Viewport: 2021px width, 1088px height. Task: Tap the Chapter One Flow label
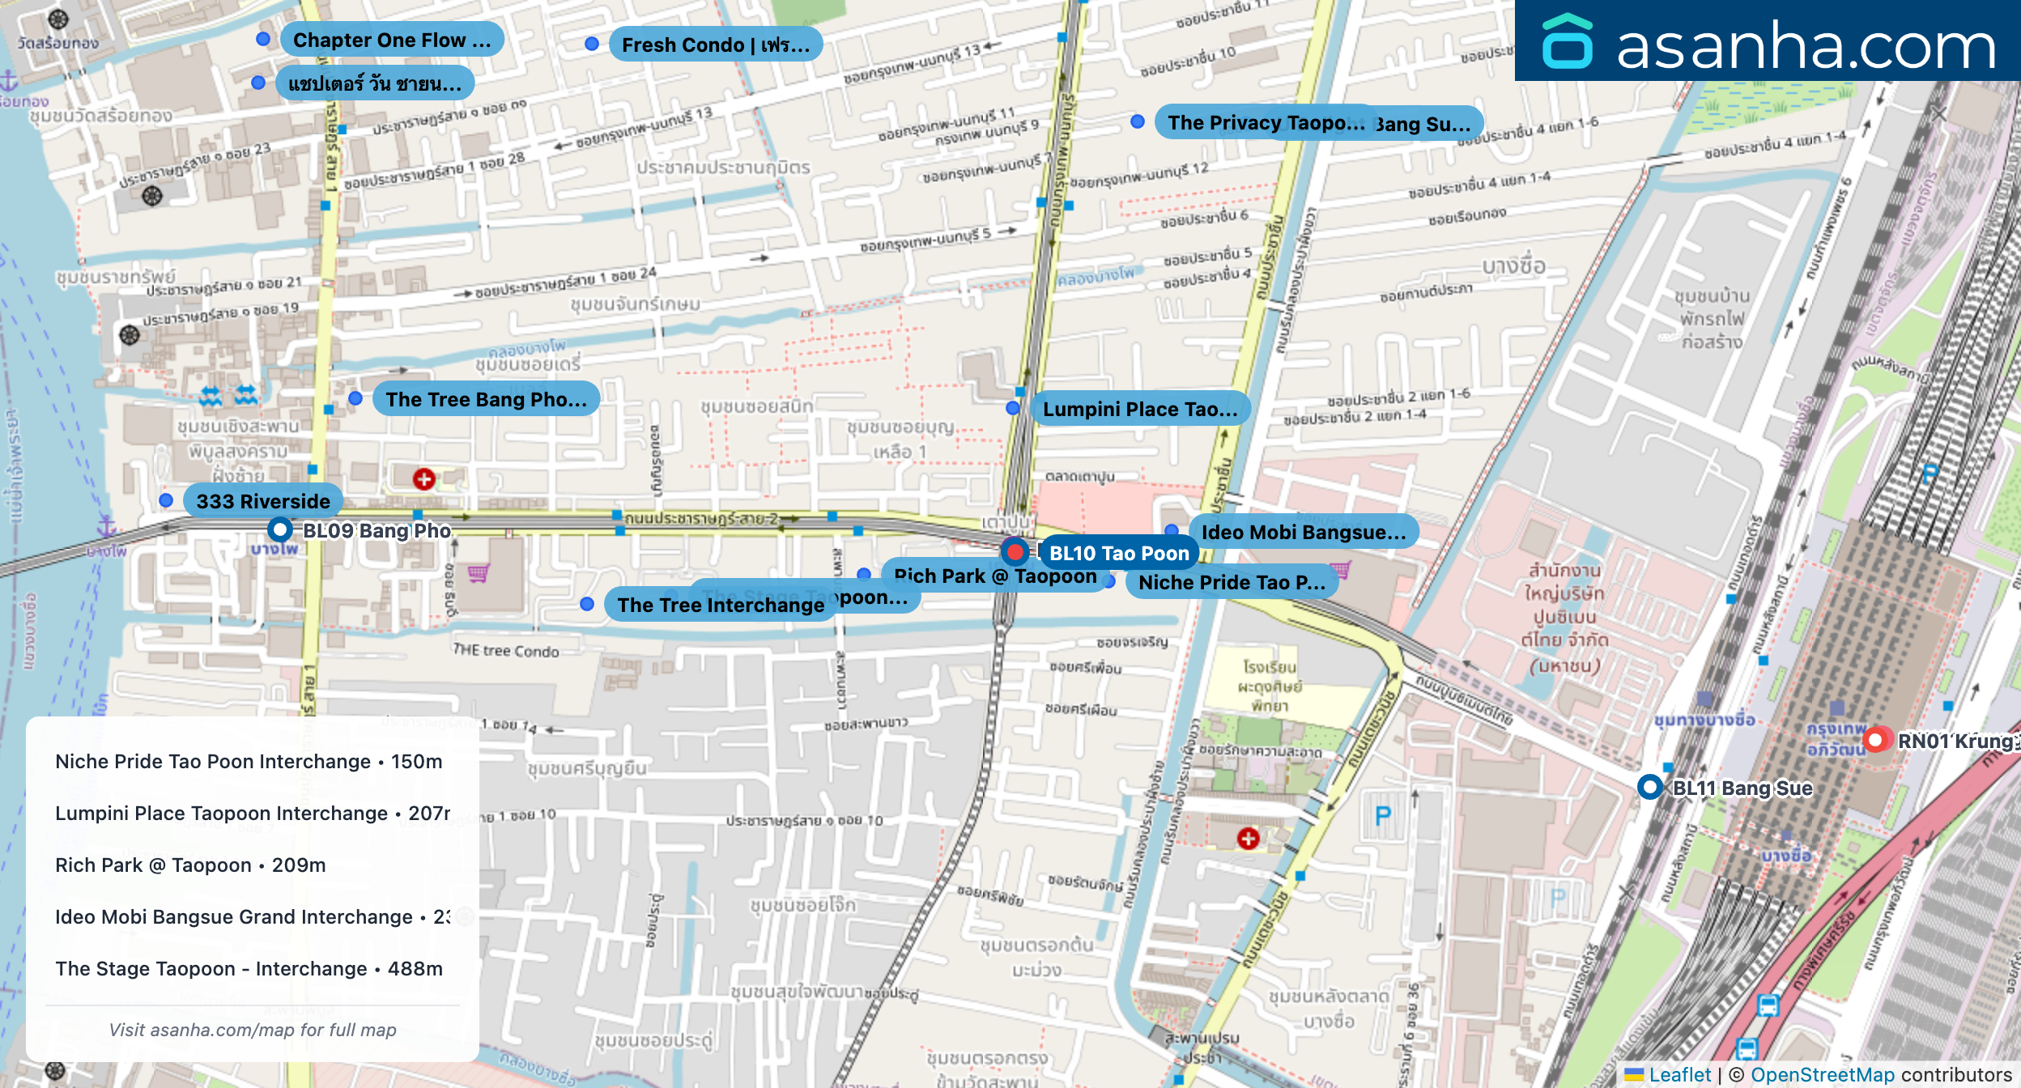pos(392,40)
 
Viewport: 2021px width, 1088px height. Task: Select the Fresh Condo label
pos(715,45)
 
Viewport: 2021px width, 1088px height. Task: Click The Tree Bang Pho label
pos(486,399)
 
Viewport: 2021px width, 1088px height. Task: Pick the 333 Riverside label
pos(263,501)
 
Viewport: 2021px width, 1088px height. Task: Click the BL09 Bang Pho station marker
pos(280,530)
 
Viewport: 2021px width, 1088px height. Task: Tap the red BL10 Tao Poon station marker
pos(1015,552)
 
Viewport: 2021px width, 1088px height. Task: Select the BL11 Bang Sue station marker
pos(1649,787)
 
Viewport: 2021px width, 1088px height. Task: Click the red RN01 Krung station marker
pos(1875,740)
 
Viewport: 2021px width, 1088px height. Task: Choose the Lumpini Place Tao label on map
pos(1139,409)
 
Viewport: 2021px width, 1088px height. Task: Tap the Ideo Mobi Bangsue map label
pos(1303,532)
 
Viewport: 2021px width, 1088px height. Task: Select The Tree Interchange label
pos(720,605)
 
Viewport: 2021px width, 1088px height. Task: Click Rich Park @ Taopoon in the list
pos(190,865)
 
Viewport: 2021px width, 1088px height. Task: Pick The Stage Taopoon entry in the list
pos(249,968)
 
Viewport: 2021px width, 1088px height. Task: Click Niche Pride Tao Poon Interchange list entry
pos(249,761)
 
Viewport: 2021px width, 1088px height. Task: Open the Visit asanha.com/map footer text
pos(253,1030)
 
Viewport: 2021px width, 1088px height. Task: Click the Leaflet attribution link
pos(1679,1074)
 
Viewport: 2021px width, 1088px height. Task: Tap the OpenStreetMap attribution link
pos(1822,1074)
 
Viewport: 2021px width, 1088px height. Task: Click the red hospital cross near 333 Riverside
pos(423,479)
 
